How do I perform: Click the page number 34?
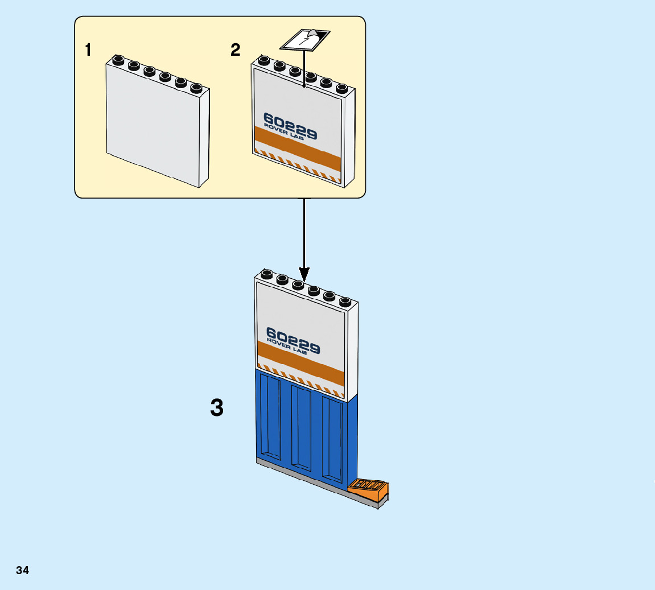(22, 570)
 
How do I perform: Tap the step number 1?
(88, 50)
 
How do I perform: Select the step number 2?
(236, 50)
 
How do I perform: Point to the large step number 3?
(217, 408)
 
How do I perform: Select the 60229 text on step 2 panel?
(290, 126)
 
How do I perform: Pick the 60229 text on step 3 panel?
(293, 340)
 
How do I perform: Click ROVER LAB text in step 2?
(283, 133)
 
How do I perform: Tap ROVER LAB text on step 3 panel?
(286, 346)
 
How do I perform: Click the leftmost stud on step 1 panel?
(118, 60)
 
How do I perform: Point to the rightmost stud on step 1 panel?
(196, 88)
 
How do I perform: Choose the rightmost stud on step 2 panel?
(341, 88)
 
